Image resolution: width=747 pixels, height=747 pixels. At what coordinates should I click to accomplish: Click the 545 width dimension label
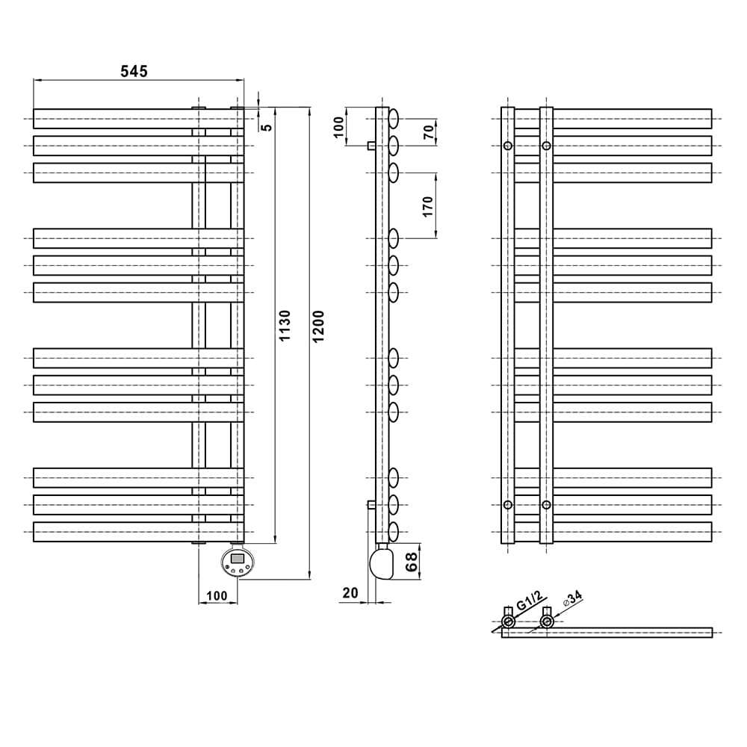(x=134, y=72)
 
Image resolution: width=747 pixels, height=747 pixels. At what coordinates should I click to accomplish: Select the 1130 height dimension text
(x=285, y=326)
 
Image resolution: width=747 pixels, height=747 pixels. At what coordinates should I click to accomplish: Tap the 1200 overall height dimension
(x=318, y=326)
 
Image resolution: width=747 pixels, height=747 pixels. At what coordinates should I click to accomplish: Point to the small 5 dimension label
(x=267, y=127)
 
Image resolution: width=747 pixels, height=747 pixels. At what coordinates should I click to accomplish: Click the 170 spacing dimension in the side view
(x=428, y=207)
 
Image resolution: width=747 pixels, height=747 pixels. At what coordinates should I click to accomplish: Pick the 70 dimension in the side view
(x=429, y=132)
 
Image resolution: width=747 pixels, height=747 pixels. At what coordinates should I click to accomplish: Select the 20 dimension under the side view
(x=350, y=592)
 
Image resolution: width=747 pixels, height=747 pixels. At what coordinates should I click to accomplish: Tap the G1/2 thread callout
(x=530, y=601)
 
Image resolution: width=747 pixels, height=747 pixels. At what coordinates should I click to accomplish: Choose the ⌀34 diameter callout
(x=572, y=599)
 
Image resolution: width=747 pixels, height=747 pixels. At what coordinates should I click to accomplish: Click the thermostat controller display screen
(x=238, y=558)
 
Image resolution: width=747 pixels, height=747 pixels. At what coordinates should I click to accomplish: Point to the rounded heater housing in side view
(x=382, y=563)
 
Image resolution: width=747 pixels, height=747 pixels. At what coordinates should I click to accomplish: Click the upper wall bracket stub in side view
(x=371, y=146)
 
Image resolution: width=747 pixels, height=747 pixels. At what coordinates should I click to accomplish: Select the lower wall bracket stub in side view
(x=371, y=504)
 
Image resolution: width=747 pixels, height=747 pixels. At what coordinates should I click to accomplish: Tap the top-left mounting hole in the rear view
(x=508, y=146)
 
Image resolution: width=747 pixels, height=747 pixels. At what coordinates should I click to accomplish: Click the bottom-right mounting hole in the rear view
(x=547, y=504)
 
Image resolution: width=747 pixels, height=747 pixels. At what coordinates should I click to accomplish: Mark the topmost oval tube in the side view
(x=394, y=119)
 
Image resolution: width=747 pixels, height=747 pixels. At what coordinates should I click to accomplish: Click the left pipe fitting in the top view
(x=508, y=621)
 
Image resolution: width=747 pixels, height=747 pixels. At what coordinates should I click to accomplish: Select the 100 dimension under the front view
(x=217, y=595)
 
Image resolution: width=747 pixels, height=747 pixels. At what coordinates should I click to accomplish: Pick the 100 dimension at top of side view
(x=338, y=127)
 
